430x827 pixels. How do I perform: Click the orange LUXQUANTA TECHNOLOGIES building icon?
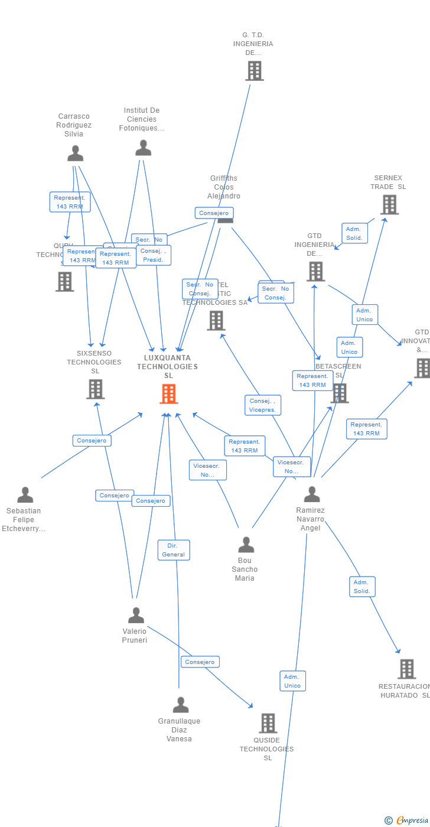(x=169, y=394)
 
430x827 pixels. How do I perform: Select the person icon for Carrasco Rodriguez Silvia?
(x=75, y=153)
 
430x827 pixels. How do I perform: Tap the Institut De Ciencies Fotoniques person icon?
(x=143, y=148)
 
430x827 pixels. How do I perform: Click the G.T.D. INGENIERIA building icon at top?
(x=254, y=71)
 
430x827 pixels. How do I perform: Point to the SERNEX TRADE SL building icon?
(x=389, y=204)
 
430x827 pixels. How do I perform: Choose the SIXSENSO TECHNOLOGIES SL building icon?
(x=95, y=389)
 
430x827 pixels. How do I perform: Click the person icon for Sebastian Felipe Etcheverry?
(x=25, y=494)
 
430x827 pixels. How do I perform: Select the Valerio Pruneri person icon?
(x=136, y=616)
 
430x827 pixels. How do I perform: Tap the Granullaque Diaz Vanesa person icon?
(x=180, y=705)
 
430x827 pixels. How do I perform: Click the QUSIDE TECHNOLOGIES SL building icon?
(x=268, y=723)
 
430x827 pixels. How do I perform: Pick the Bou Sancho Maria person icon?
(x=246, y=545)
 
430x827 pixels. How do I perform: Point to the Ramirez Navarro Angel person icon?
(x=311, y=494)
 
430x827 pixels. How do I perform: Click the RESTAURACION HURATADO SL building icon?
(x=406, y=669)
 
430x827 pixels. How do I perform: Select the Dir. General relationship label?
(x=174, y=550)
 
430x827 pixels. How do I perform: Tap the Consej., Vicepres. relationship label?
(x=263, y=405)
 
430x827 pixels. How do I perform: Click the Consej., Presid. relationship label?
(x=153, y=255)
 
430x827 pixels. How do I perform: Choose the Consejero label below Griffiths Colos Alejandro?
(x=214, y=213)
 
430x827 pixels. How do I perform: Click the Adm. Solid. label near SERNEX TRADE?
(x=354, y=233)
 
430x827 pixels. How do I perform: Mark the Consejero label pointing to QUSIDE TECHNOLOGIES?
(x=200, y=662)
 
